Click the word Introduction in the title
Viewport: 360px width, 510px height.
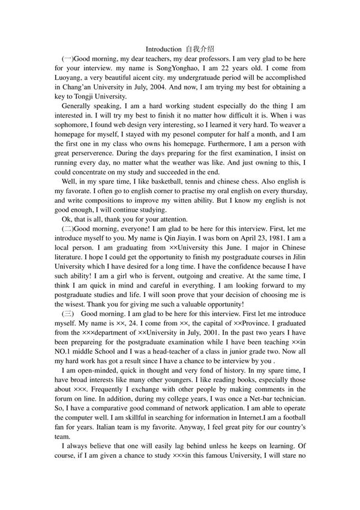(163, 49)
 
